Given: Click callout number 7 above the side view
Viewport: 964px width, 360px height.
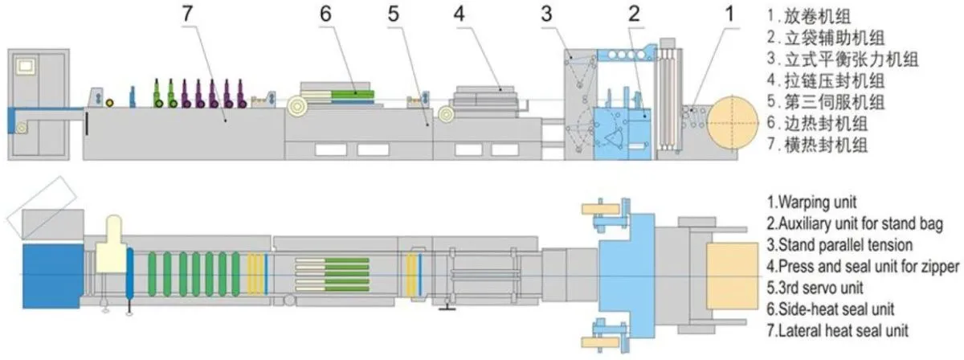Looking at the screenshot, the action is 186,14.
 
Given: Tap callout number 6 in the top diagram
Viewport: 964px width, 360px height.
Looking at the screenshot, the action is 326,14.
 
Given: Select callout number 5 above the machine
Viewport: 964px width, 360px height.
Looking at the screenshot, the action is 394,14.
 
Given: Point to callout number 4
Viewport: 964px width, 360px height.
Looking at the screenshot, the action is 460,14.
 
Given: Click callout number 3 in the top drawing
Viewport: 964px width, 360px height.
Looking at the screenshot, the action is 546,14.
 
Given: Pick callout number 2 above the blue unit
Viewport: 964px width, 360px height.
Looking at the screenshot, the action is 634,14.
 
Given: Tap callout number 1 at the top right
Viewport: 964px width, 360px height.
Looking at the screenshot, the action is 730,14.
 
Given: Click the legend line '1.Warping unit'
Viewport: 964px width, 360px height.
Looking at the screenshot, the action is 811,202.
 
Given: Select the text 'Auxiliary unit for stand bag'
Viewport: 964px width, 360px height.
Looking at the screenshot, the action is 860,223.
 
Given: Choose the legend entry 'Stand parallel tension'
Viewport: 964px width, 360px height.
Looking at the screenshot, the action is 846,245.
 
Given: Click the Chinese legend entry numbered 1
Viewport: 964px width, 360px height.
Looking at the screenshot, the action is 809,16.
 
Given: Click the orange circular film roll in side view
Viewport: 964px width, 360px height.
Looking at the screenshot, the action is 733,123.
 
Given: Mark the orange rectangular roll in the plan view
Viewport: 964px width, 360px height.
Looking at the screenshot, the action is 732,276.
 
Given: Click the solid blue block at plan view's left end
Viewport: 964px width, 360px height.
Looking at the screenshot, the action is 52,276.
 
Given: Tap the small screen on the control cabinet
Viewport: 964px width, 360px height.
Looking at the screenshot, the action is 26,66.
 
